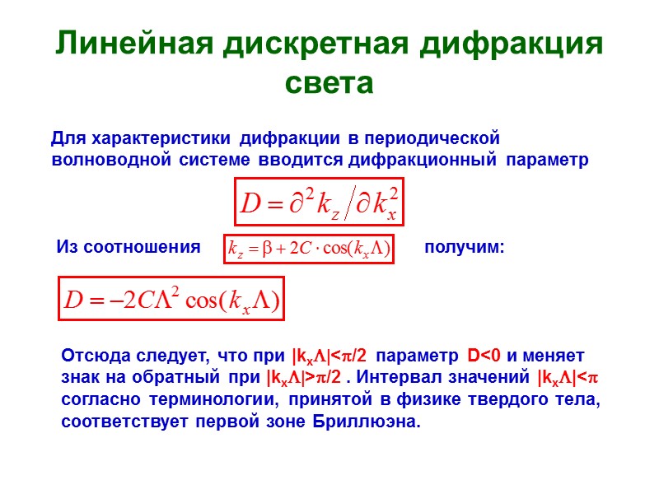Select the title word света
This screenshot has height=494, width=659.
click(329, 83)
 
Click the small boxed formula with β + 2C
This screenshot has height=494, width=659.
click(310, 248)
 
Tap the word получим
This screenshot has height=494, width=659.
click(463, 247)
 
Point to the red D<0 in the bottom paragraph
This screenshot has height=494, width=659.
click(484, 357)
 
